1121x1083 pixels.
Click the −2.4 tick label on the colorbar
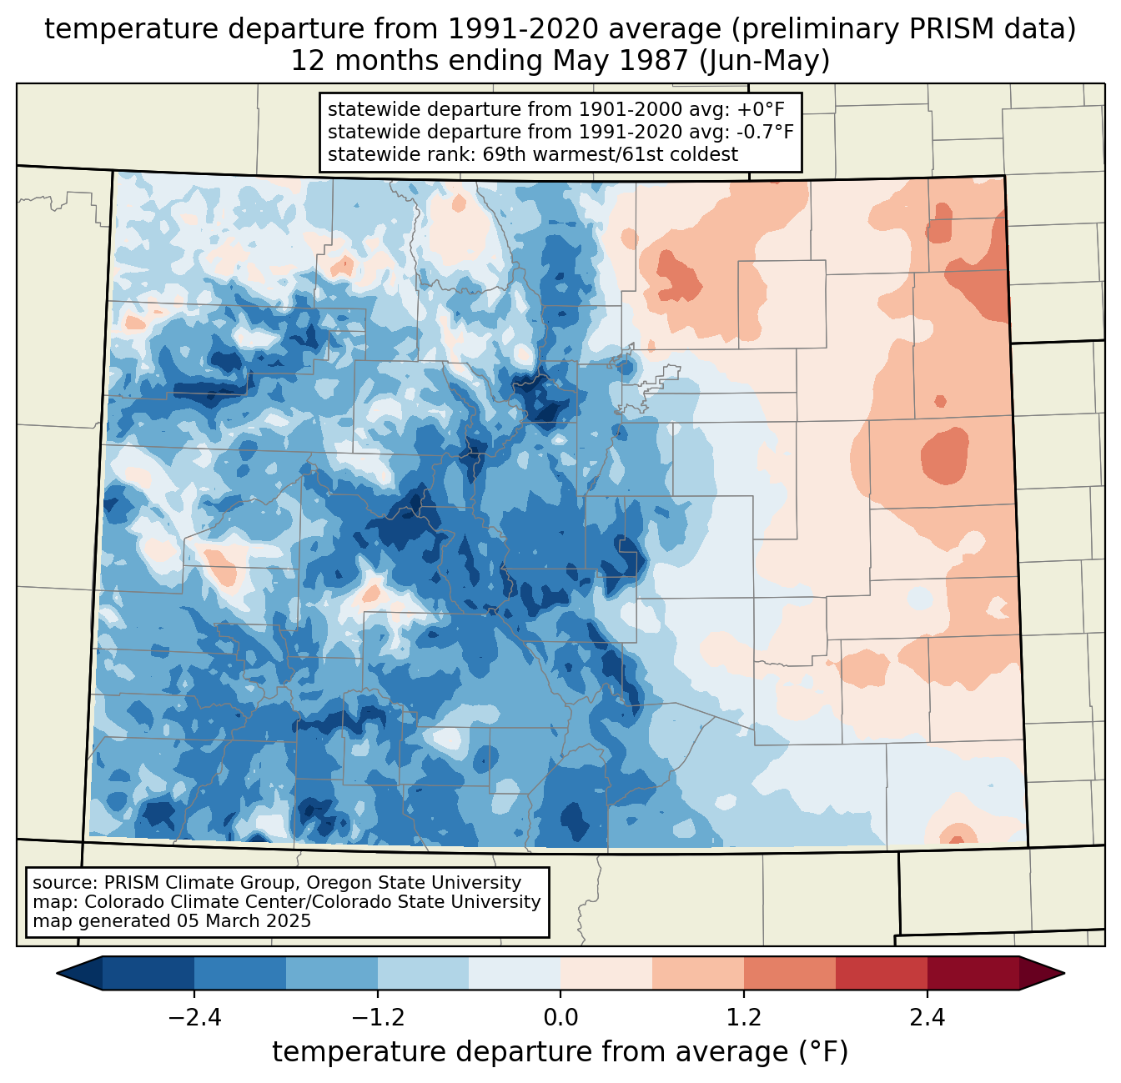click(x=194, y=1019)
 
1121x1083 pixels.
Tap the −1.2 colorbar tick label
click(x=378, y=1019)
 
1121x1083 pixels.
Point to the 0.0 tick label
click(x=560, y=1019)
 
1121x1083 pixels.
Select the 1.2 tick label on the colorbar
click(x=744, y=1019)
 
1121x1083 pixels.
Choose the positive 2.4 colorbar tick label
click(x=927, y=1019)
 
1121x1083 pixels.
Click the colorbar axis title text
click(x=560, y=1052)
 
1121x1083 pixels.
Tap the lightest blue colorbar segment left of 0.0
click(x=515, y=973)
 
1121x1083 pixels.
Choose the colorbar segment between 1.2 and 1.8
click(x=790, y=973)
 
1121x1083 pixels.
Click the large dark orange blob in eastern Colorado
click(x=945, y=455)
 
